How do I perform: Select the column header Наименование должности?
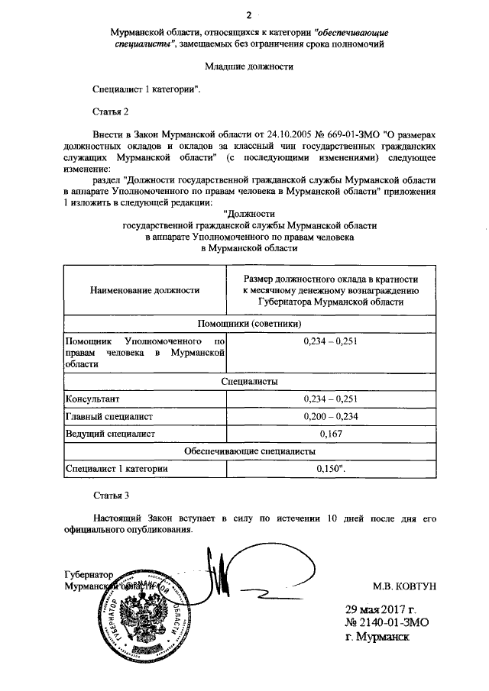[x=144, y=290]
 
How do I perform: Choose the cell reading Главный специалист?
[x=110, y=416]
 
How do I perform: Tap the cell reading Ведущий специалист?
[x=110, y=434]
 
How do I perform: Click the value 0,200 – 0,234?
[x=331, y=416]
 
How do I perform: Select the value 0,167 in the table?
[x=331, y=434]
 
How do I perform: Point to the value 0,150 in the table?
[x=329, y=470]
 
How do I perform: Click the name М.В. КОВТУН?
[x=403, y=586]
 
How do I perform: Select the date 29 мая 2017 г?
[x=380, y=609]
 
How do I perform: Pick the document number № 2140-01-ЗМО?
[x=384, y=622]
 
